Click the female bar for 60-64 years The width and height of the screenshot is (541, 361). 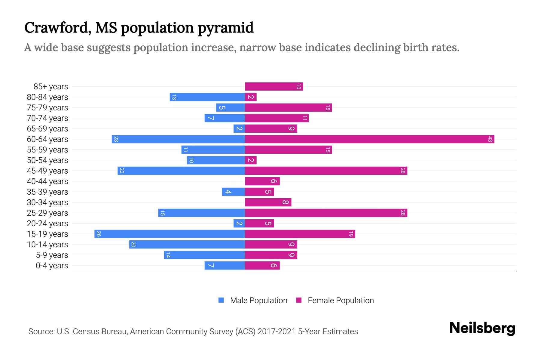point(370,139)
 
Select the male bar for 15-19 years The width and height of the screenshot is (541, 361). point(170,234)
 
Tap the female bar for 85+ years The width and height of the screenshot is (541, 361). point(274,87)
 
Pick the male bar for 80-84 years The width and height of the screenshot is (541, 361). point(207,97)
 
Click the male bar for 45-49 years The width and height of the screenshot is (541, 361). point(181,171)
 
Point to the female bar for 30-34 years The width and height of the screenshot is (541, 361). point(268,202)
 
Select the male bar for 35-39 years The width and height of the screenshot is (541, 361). point(234,192)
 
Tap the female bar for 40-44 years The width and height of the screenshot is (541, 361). point(262,181)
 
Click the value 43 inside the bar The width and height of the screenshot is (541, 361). point(490,139)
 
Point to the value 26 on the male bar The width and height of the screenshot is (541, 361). point(99,234)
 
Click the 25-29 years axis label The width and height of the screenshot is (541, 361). point(47,213)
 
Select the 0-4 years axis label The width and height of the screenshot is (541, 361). point(52,266)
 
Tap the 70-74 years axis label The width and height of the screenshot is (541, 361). point(47,118)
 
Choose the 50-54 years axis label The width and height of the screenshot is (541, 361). point(47,160)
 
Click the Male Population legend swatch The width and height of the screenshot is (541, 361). point(221,300)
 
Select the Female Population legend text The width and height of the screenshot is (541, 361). point(341,301)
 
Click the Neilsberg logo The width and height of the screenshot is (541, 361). point(482,328)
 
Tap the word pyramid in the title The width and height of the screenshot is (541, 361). point(225,28)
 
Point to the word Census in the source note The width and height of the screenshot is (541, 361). point(85,332)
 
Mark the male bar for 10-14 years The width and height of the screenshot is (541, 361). point(187,245)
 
